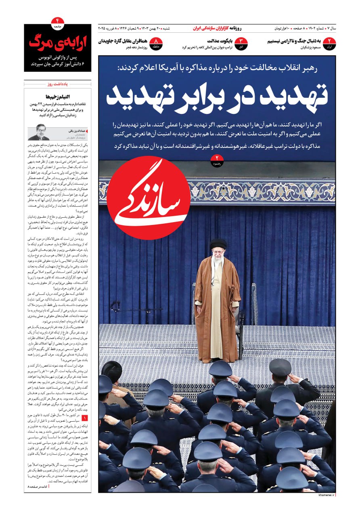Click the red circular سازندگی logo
pyautogui.click(x=148, y=198)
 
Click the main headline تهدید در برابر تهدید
pyautogui.click(x=217, y=96)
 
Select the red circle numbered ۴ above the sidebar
pyautogui.click(x=57, y=22)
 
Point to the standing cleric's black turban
pyautogui.click(x=218, y=244)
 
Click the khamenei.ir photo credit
pyautogui.click(x=327, y=495)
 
